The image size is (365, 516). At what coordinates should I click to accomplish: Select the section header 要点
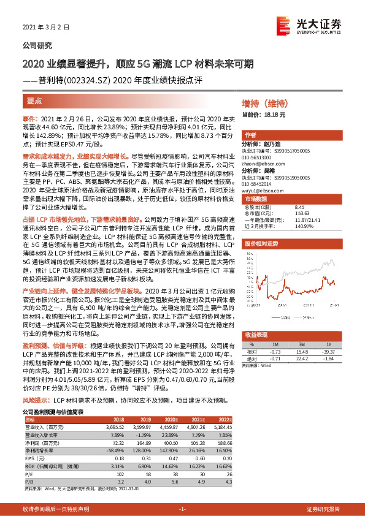coord(35,99)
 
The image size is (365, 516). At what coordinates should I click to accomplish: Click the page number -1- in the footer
coord(182,510)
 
